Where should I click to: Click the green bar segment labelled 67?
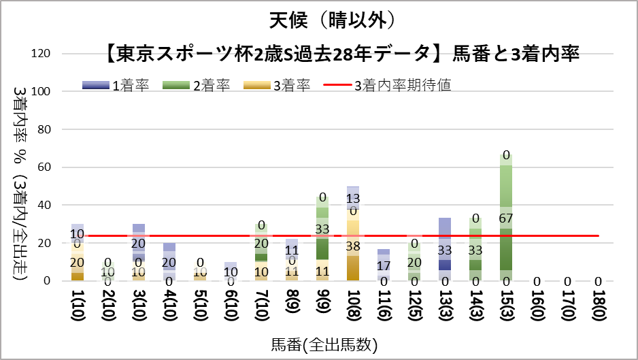507,217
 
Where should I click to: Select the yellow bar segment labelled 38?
353,245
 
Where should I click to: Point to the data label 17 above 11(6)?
384,265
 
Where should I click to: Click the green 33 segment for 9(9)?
322,229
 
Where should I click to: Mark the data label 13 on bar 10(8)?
353,198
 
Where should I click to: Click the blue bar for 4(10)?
169,262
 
